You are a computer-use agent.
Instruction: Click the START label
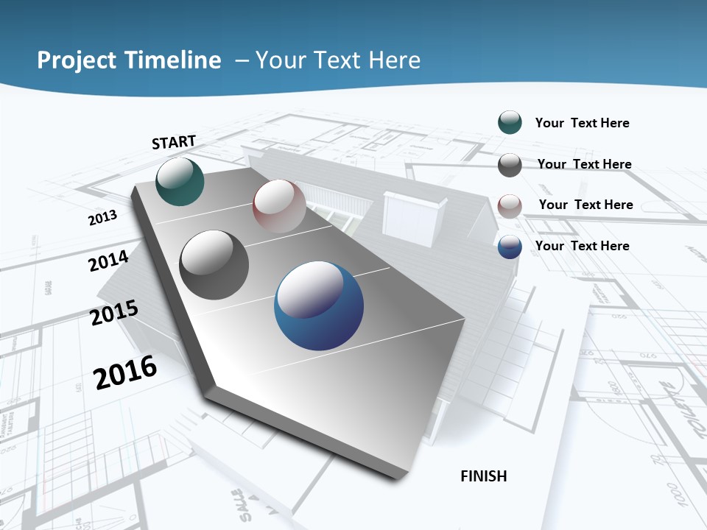174,142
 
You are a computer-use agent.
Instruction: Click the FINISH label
483,476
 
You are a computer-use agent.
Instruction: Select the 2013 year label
102,217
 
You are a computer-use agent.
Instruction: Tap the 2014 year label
108,261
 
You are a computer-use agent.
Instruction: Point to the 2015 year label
114,313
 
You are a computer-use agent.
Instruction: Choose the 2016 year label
125,372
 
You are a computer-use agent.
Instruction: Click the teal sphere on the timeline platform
180,182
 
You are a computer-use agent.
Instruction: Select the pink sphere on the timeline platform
279,206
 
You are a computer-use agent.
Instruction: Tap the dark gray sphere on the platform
214,265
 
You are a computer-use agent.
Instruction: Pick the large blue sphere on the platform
319,306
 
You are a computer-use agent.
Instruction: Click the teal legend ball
510,122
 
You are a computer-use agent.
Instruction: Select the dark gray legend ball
510,165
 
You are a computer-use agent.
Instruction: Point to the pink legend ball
510,206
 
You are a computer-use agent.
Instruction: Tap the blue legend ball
510,247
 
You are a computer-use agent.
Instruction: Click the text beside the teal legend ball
582,123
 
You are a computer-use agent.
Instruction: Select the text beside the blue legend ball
582,246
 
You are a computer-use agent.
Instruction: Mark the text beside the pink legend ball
585,205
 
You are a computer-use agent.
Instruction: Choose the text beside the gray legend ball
584,164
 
